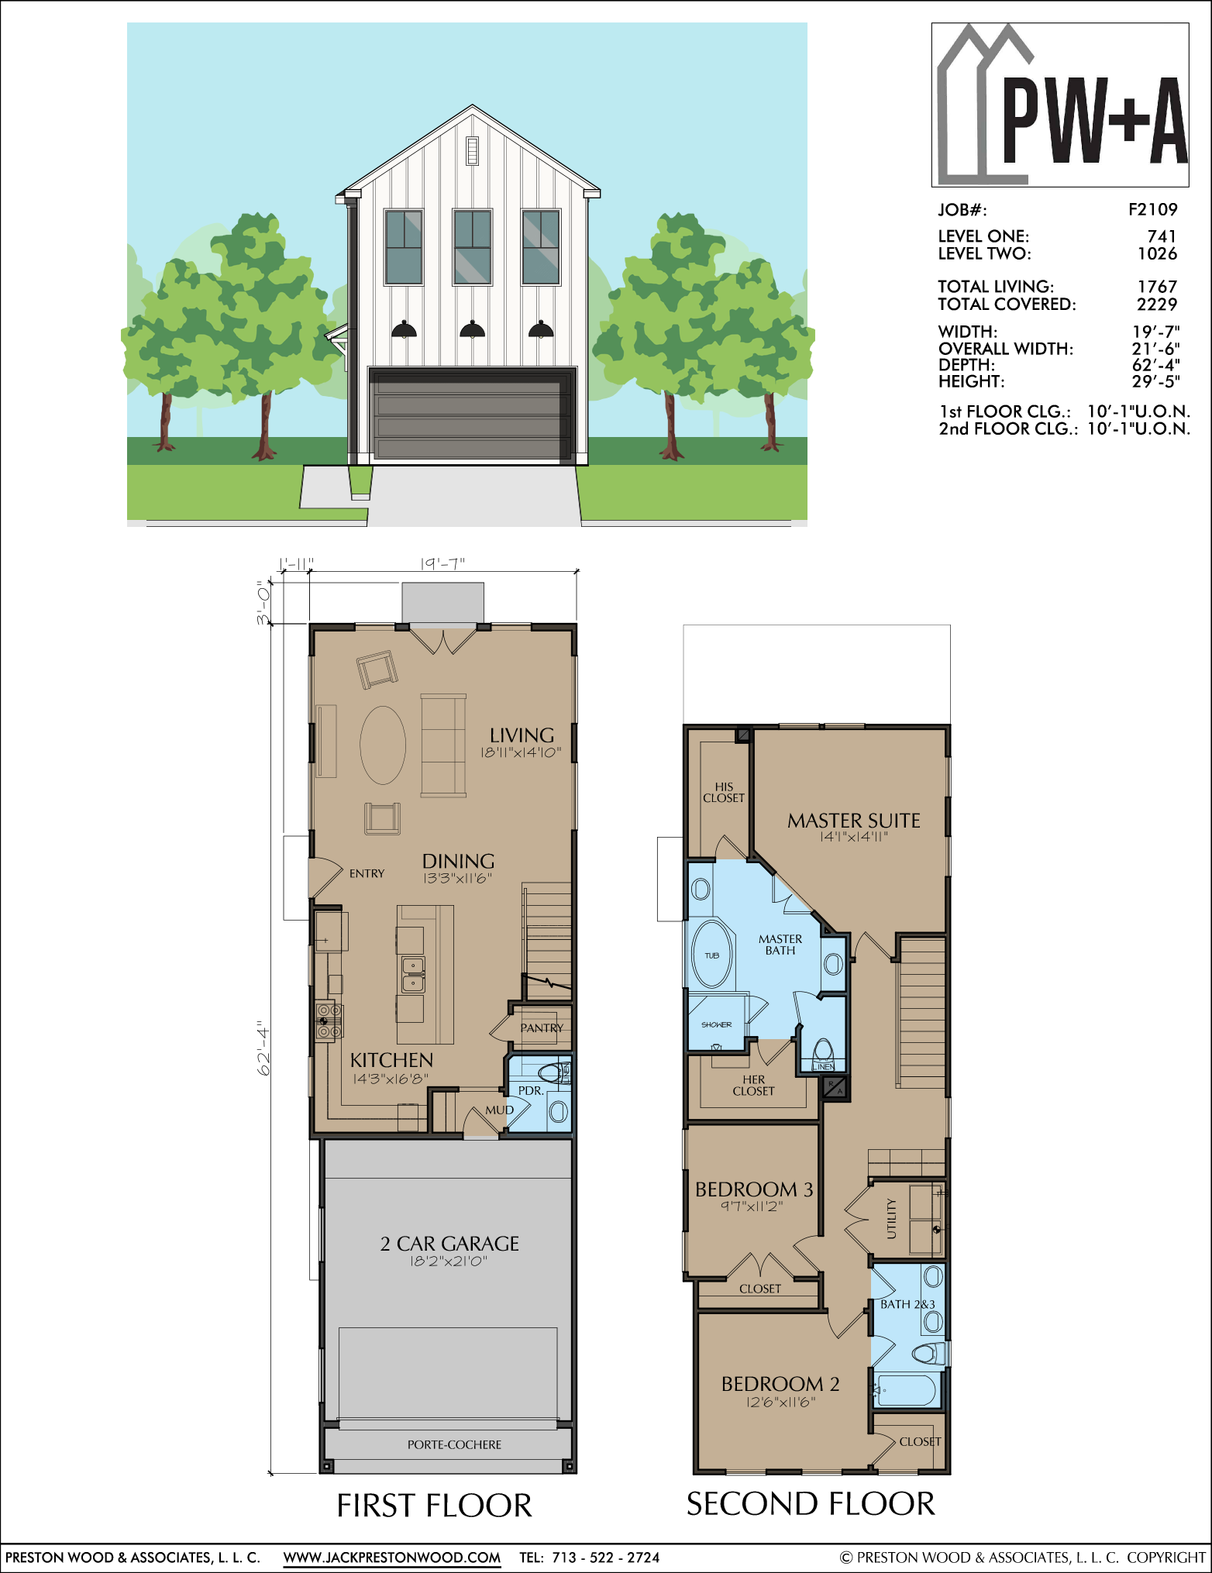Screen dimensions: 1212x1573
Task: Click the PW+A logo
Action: coord(1060,105)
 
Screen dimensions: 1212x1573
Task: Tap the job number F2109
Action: coord(1152,209)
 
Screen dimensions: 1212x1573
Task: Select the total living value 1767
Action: coord(1157,287)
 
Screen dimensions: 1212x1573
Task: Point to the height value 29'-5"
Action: coord(1155,381)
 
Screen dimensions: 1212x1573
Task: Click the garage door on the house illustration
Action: coord(472,415)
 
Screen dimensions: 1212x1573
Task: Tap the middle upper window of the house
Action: coord(472,246)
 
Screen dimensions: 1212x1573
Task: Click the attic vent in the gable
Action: coord(472,150)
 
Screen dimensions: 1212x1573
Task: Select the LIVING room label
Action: coord(522,735)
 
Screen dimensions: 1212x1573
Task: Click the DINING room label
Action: coord(458,861)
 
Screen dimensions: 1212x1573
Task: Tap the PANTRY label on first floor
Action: coord(542,1028)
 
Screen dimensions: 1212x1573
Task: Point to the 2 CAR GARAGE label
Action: coord(449,1244)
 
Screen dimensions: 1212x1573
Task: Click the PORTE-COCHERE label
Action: coord(454,1445)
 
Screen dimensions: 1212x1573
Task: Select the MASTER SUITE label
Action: coord(854,821)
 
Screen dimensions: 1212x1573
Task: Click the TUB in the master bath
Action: coord(711,955)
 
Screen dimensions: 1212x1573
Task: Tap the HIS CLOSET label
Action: coord(724,792)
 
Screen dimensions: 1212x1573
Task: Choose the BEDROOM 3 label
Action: coord(754,1189)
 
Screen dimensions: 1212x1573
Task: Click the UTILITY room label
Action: coord(891,1219)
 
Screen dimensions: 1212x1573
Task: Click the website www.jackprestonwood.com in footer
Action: coord(392,1558)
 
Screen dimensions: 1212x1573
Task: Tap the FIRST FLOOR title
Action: coord(434,1506)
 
